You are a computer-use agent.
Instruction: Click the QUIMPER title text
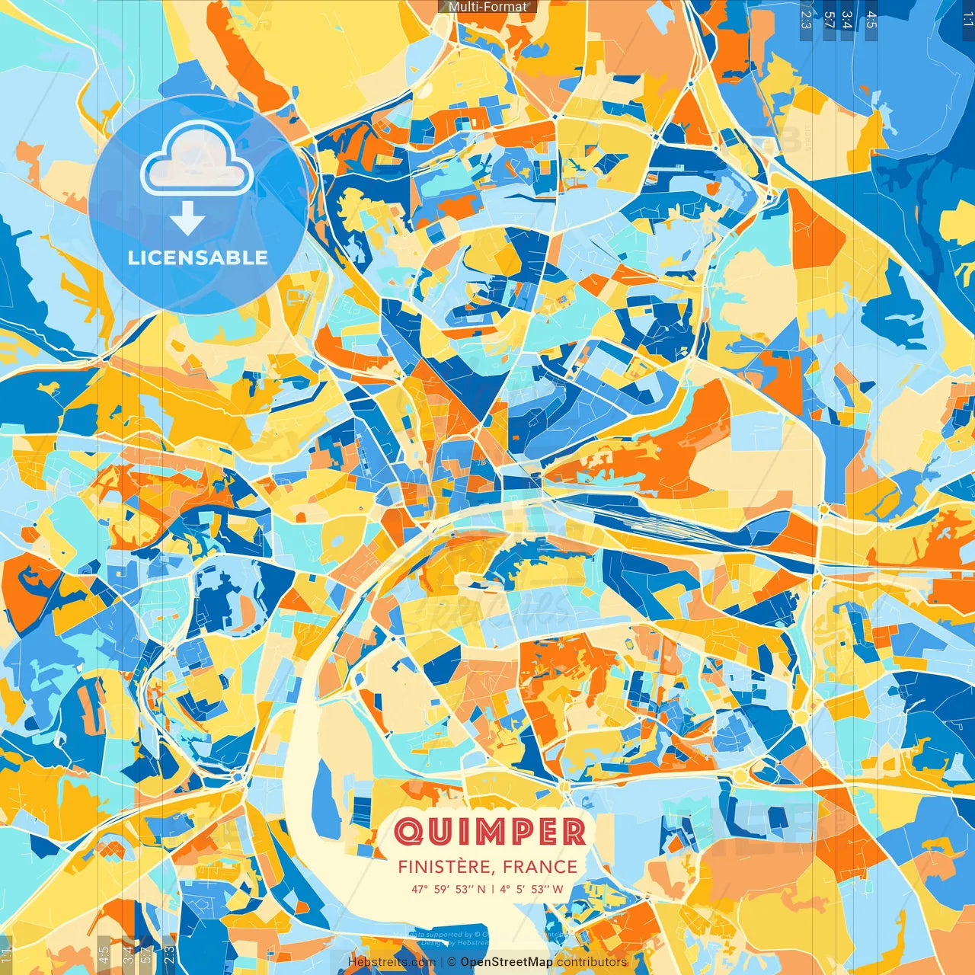[x=491, y=831]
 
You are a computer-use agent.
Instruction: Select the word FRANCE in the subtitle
[x=539, y=867]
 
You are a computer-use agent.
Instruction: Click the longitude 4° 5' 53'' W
[x=532, y=889]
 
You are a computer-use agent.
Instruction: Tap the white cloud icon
[x=197, y=158]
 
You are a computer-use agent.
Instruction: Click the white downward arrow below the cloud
[x=187, y=219]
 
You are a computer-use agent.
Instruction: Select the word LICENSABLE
[x=197, y=257]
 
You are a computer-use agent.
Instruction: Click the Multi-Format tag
[x=487, y=7]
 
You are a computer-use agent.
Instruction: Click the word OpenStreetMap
[x=507, y=962]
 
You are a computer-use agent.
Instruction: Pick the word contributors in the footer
[x=592, y=962]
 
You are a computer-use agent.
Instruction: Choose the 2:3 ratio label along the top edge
[x=806, y=19]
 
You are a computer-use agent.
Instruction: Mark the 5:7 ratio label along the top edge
[x=829, y=19]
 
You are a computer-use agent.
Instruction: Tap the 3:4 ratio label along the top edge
[x=847, y=19]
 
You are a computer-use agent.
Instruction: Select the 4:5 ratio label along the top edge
[x=871, y=19]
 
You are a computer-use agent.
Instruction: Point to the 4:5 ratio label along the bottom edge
[x=104, y=954]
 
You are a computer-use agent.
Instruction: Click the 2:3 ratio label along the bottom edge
[x=169, y=954]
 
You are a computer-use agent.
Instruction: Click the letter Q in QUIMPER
[x=411, y=831]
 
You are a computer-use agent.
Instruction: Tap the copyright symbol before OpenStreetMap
[x=452, y=962]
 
